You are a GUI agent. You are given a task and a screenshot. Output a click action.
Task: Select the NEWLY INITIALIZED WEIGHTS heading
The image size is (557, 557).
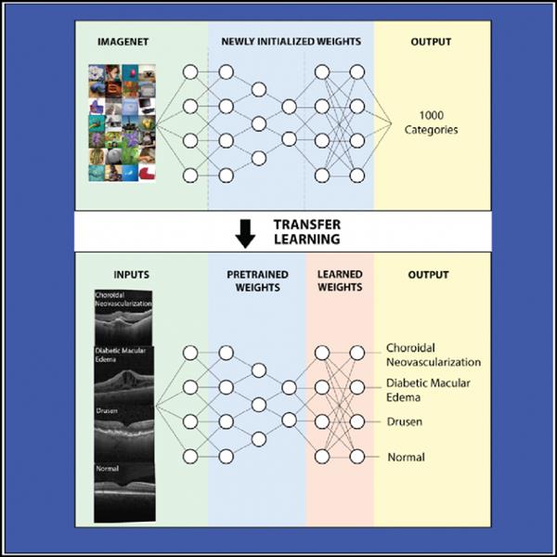[x=290, y=42]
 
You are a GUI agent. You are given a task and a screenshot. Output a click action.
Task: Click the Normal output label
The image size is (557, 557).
[x=406, y=457]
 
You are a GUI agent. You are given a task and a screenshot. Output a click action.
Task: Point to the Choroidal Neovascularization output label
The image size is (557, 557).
[x=433, y=355]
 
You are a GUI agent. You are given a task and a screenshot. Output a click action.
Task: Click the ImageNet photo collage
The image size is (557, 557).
[x=122, y=122]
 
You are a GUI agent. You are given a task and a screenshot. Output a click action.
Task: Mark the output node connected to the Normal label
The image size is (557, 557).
[x=356, y=456]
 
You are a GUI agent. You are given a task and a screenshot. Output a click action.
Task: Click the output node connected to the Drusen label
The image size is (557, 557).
[x=356, y=421]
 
